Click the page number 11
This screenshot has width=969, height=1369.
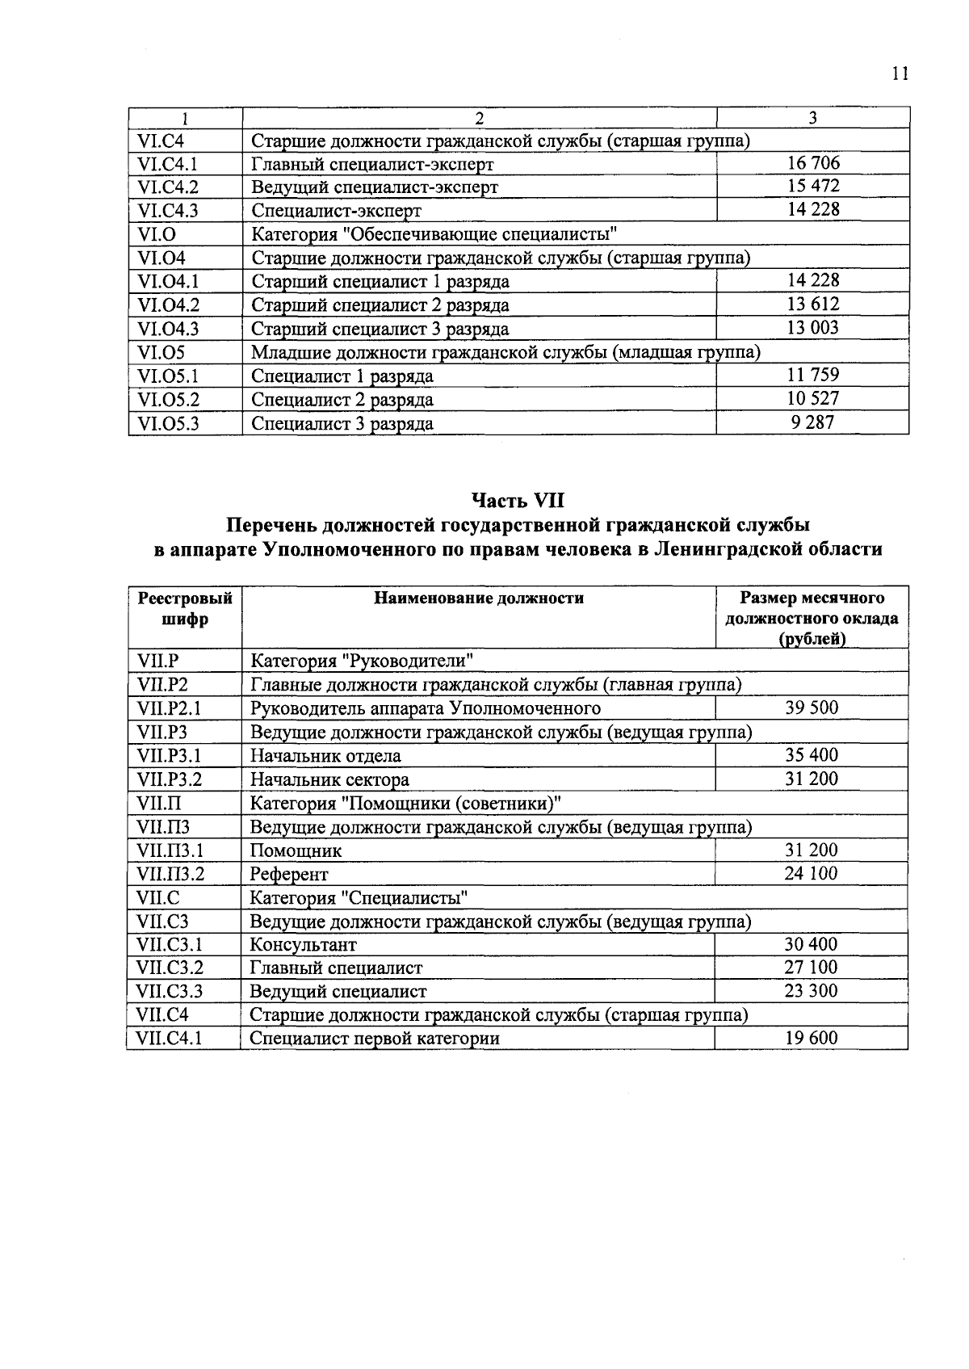tap(900, 74)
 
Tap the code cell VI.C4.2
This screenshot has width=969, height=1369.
tap(168, 187)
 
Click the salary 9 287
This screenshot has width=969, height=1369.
tap(813, 422)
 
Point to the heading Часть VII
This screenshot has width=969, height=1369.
tap(518, 501)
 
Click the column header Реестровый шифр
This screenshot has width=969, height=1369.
tap(185, 609)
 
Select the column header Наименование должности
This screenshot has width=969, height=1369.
tap(478, 598)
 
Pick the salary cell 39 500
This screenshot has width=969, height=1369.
tap(812, 708)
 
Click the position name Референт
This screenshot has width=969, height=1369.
tap(289, 874)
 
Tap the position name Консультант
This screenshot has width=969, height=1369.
tap(303, 945)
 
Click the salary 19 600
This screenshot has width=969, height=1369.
tap(812, 1039)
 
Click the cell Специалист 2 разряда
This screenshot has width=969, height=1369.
tap(342, 400)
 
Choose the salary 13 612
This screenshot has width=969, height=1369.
tap(813, 304)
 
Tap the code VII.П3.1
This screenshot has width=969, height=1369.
tap(170, 850)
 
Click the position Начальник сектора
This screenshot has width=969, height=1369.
tap(329, 780)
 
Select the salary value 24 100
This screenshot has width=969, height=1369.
tap(812, 874)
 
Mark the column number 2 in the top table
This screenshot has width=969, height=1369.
tap(479, 118)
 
